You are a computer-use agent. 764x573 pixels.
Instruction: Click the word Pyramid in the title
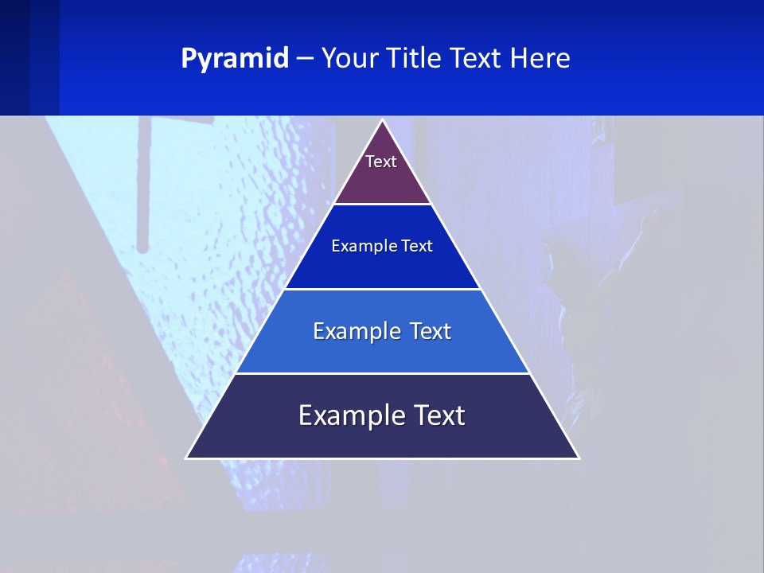tap(235, 59)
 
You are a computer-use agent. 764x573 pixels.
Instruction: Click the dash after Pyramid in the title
tap(305, 59)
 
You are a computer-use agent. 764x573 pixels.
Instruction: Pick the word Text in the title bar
tap(477, 59)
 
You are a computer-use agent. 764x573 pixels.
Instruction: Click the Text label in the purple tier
tap(381, 162)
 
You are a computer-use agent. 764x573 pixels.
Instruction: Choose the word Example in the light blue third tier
tap(353, 331)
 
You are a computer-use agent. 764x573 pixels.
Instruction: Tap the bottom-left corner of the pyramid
tap(187, 458)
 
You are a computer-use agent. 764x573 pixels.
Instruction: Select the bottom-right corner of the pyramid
tap(579, 458)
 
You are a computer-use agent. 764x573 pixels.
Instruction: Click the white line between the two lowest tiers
tap(382, 373)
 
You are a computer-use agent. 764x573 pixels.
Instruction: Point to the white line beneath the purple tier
tap(382, 204)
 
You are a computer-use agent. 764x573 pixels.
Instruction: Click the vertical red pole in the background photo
tap(143, 183)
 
